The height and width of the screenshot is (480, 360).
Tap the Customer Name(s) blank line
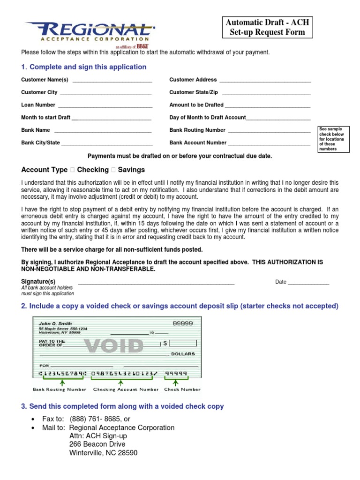[112, 82]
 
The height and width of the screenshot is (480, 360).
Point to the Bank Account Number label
[198, 143]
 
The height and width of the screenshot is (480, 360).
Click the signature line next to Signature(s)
[156, 284]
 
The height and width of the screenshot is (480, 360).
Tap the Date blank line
[308, 284]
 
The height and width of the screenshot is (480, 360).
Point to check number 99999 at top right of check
[182, 323]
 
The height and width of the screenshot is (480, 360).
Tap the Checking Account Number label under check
[126, 390]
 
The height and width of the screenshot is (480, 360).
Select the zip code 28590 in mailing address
[127, 453]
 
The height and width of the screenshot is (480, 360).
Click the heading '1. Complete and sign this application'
[84, 67]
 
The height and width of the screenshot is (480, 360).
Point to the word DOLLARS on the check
[183, 354]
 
